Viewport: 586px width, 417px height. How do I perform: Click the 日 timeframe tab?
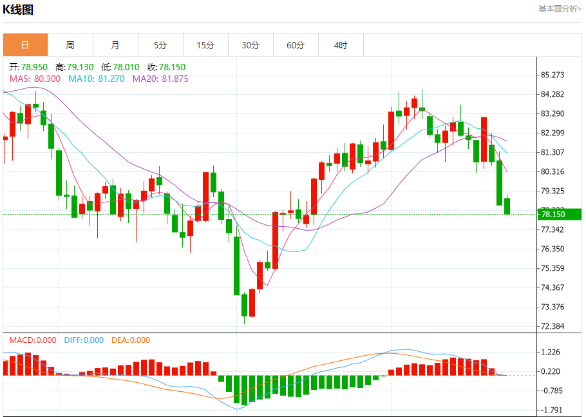pyautogui.click(x=25, y=45)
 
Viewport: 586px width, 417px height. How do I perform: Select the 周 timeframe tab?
pyautogui.click(x=70, y=45)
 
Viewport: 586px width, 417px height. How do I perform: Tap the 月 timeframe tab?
pyautogui.click(x=115, y=45)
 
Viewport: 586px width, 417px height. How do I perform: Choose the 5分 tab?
pyautogui.click(x=160, y=45)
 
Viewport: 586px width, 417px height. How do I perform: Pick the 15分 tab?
pyautogui.click(x=205, y=45)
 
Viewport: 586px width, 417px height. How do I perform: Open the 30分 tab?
pyautogui.click(x=250, y=45)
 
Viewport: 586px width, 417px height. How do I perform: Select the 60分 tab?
pyautogui.click(x=296, y=45)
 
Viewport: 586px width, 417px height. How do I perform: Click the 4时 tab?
pyautogui.click(x=341, y=45)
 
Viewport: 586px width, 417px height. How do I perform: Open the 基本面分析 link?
pyautogui.click(x=559, y=8)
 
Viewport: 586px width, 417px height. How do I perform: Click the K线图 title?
pyautogui.click(x=18, y=9)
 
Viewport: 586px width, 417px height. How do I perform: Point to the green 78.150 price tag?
pyautogui.click(x=558, y=215)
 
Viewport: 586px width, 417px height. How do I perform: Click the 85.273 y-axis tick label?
pyautogui.click(x=553, y=75)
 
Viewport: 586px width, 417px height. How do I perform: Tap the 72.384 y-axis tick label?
pyautogui.click(x=553, y=326)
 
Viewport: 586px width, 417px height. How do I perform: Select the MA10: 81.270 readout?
pyautogui.click(x=97, y=79)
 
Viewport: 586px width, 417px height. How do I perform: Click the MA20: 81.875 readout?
pyautogui.click(x=160, y=79)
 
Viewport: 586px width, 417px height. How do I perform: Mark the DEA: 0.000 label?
pyautogui.click(x=131, y=340)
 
